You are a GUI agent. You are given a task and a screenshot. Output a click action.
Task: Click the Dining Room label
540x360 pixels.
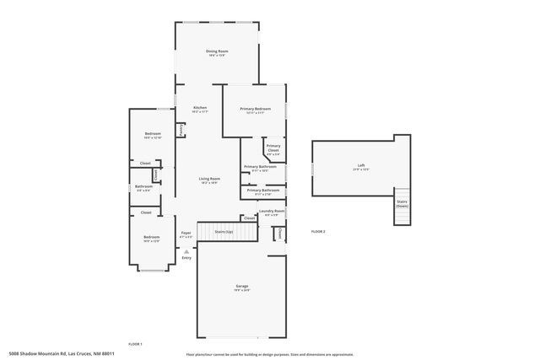tap(218, 52)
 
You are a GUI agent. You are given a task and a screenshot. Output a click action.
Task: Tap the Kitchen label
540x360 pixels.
tap(200, 109)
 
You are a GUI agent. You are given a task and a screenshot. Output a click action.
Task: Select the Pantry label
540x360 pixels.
tap(181, 130)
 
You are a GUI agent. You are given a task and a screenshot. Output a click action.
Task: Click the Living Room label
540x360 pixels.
tap(209, 180)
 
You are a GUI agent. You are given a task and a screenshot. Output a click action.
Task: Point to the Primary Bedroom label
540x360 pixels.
tap(255, 110)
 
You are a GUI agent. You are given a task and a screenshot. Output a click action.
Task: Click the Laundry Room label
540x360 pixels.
tap(272, 212)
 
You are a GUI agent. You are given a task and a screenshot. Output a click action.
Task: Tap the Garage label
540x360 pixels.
tap(242, 287)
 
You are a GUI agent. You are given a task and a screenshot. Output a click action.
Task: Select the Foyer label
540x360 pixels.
tap(186, 234)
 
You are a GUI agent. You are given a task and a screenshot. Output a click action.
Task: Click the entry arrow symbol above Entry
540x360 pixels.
tap(186, 250)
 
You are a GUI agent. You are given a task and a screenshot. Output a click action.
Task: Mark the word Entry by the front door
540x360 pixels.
tap(186, 258)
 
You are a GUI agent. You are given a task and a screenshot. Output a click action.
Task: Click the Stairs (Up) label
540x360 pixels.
tap(224, 231)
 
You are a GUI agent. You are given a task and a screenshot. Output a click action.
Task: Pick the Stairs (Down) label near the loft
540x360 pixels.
tap(402, 203)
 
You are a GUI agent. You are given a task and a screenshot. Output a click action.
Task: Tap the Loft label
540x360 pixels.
tap(361, 166)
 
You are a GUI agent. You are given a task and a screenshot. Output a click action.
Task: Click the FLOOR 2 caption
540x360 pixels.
tap(318, 231)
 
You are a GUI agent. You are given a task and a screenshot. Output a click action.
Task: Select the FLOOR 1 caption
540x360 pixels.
tap(135, 344)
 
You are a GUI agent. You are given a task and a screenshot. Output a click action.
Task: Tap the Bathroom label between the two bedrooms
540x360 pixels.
tap(143, 187)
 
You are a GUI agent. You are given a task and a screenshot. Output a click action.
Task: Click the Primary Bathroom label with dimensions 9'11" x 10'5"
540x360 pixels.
tap(261, 168)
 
